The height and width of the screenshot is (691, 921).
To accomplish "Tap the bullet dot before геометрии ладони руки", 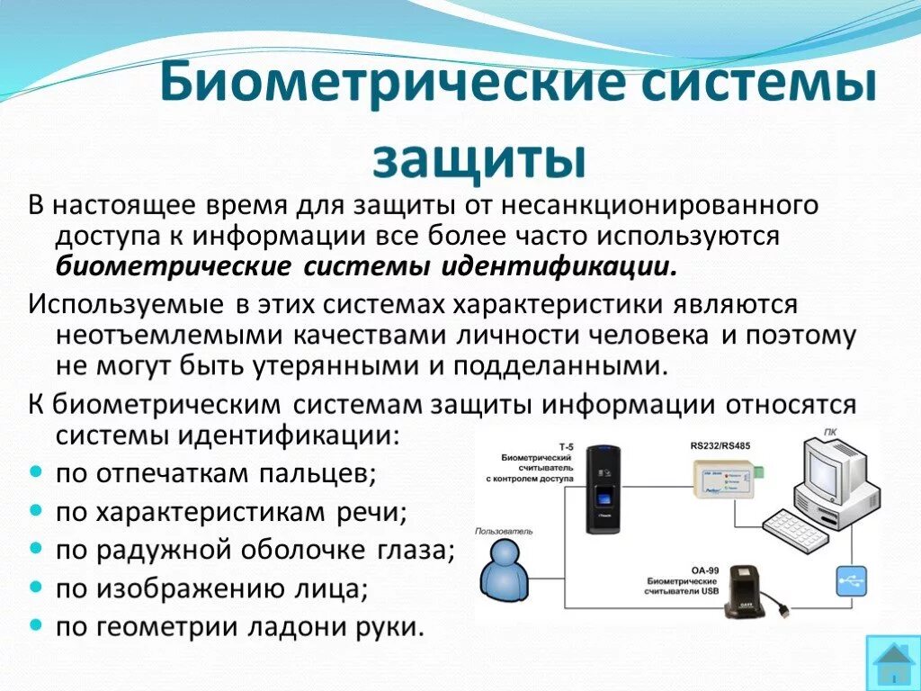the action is pos(36,625).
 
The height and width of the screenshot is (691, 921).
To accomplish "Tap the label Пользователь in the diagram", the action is pos(505,532).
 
